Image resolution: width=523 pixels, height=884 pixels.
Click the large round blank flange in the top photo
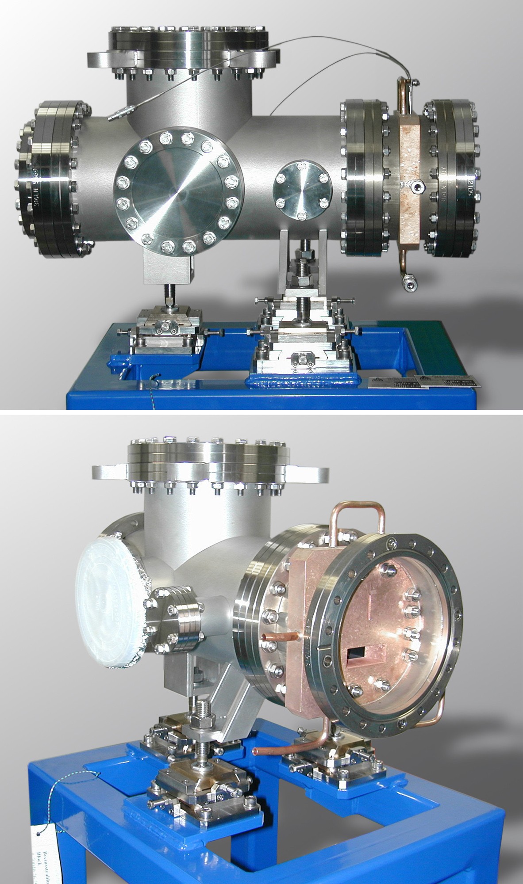click(177, 190)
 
